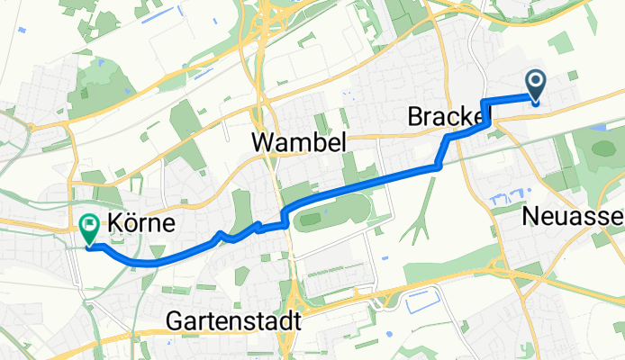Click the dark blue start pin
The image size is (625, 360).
tap(536, 86)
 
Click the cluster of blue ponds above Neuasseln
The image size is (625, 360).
tap(504, 198)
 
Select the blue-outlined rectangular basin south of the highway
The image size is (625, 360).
tap(422, 305)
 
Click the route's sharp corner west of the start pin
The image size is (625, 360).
tap(485, 101)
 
